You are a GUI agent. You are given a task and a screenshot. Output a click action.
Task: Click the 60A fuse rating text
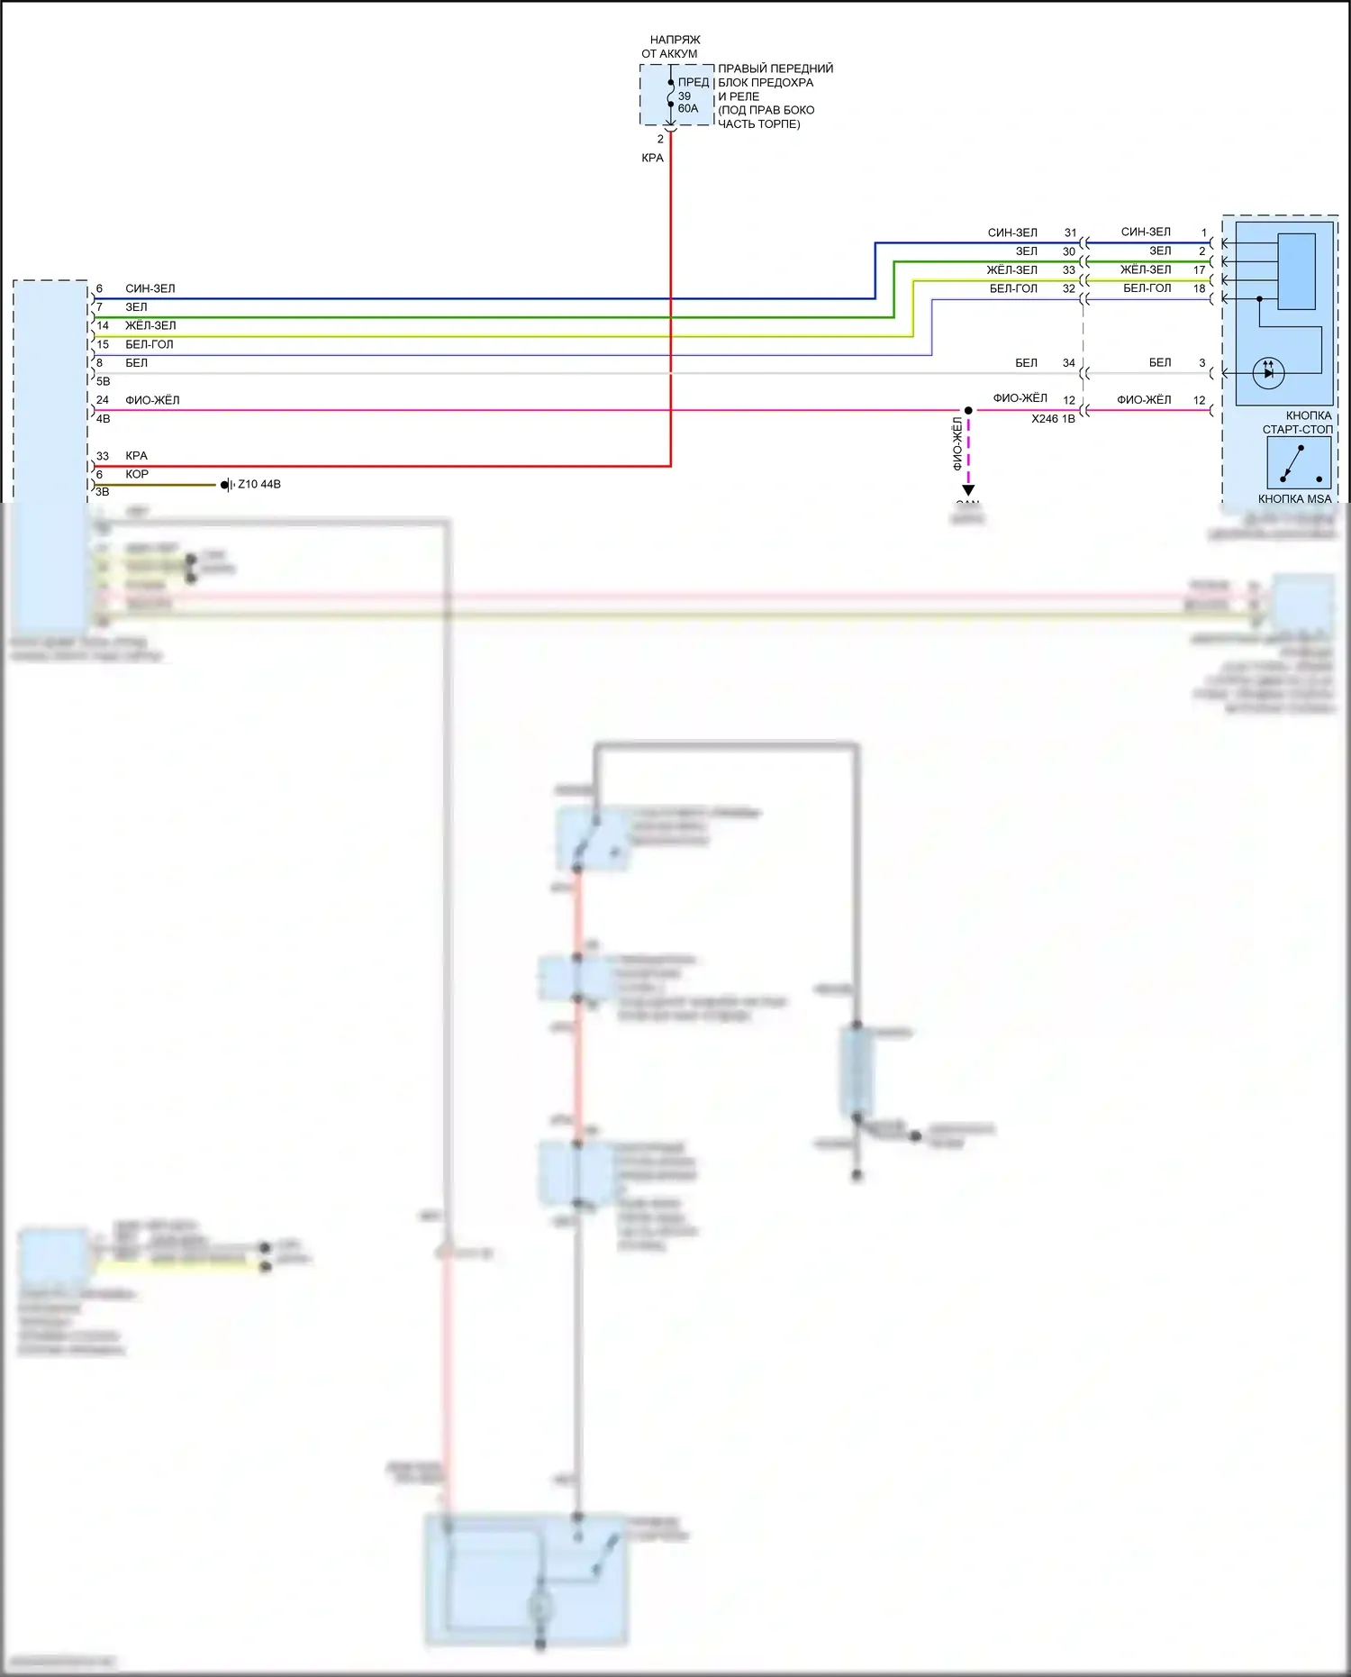(687, 109)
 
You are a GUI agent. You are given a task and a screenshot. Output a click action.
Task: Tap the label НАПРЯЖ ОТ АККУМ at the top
(672, 47)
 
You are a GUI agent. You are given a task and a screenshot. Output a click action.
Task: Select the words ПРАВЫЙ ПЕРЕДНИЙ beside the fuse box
(775, 68)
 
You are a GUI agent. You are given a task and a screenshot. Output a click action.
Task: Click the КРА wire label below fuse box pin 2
(652, 158)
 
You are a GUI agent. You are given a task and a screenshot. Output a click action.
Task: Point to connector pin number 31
(1070, 232)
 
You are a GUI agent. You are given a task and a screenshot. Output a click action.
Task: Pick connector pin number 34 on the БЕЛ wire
(1069, 363)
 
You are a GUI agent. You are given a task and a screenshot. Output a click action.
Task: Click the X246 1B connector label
(1053, 419)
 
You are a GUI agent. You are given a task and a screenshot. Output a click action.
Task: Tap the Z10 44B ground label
(259, 484)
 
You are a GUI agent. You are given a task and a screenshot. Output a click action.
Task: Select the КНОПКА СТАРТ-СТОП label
(1298, 423)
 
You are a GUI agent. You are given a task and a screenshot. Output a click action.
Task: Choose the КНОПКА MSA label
(1294, 498)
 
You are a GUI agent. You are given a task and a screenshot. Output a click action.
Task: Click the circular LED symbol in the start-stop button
(1268, 372)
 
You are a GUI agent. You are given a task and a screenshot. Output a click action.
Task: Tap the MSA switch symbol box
(1298, 462)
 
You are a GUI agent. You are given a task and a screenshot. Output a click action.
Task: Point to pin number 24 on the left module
(103, 400)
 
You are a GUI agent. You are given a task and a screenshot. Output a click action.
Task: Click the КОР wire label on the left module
(137, 474)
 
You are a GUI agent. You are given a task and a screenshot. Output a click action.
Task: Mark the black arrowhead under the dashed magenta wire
(968, 490)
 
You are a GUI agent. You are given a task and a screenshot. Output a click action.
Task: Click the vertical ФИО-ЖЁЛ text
(957, 443)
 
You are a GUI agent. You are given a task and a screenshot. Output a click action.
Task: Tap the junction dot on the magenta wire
(968, 411)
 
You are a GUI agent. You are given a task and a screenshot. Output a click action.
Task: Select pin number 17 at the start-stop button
(1200, 270)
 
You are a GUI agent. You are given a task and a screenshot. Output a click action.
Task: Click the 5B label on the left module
(104, 382)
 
